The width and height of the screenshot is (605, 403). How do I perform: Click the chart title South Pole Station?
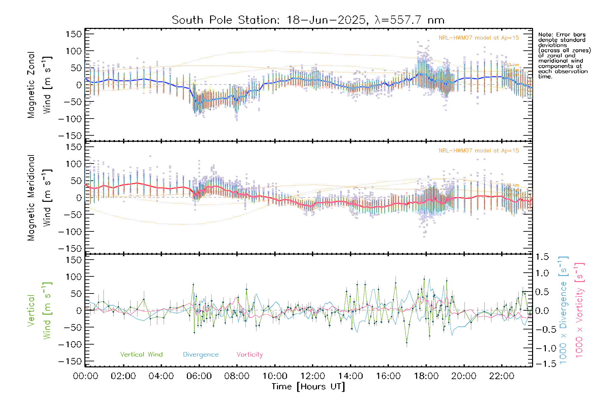click(308, 20)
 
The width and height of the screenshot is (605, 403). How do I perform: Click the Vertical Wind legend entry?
click(141, 355)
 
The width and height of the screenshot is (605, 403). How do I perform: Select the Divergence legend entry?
click(201, 355)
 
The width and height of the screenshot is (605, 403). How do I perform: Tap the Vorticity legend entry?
click(249, 355)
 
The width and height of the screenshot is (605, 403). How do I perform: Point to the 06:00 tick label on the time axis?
click(199, 376)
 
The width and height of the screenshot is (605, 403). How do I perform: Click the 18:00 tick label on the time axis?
click(426, 376)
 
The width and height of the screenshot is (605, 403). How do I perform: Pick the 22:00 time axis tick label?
click(501, 376)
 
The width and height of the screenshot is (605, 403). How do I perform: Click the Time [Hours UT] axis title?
click(308, 387)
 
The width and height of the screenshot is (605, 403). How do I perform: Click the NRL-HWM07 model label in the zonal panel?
click(479, 38)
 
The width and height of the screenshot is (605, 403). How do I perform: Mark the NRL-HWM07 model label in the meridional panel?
click(479, 151)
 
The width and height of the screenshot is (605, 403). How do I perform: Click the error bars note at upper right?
click(564, 55)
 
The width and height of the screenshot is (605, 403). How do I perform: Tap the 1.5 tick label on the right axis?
click(542, 257)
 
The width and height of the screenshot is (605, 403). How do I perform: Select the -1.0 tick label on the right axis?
click(541, 348)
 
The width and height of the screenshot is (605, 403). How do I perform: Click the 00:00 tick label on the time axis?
click(85, 376)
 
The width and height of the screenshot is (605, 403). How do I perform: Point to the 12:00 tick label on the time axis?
click(313, 376)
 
